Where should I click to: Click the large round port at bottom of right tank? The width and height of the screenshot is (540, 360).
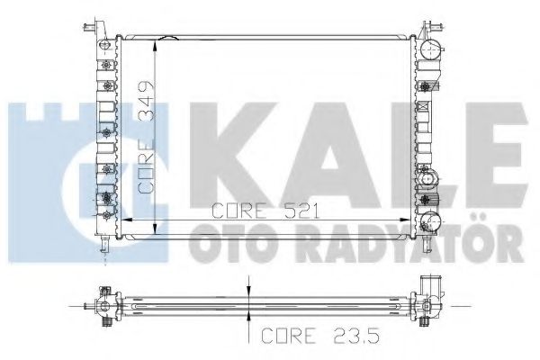(431, 220)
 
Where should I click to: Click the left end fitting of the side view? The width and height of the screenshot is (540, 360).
(103, 306)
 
